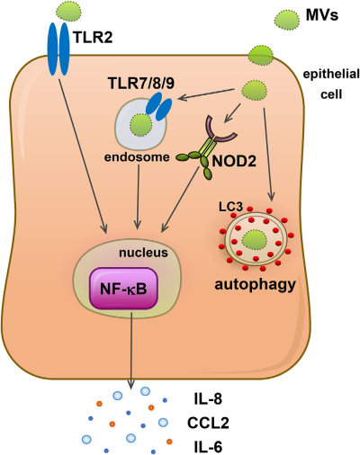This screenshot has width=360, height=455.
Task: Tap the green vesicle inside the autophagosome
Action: (x=256, y=240)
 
